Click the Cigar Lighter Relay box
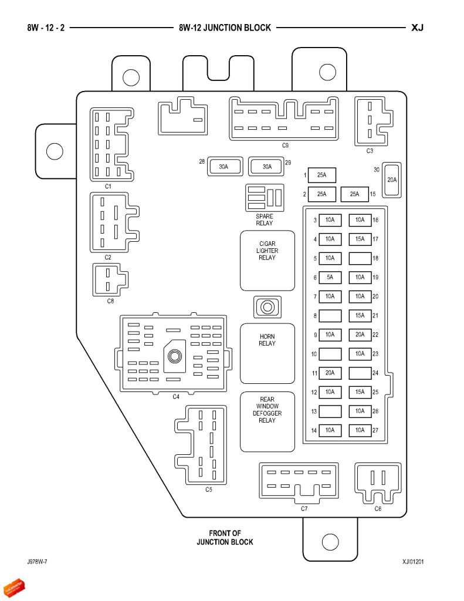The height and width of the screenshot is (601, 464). [267, 261]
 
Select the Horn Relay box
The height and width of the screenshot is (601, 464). [267, 353]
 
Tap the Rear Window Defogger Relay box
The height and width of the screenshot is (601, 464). [267, 421]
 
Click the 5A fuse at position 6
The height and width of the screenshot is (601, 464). [330, 277]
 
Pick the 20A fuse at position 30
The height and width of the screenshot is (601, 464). [392, 180]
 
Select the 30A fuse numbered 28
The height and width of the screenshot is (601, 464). [225, 167]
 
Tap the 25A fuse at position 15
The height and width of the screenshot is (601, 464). [354, 194]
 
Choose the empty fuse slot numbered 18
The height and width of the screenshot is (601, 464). [360, 258]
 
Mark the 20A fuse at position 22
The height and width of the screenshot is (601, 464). [360, 335]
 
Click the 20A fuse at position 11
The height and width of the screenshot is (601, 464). [330, 373]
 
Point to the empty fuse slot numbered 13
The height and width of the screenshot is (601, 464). [330, 411]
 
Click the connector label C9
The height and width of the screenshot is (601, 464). [285, 146]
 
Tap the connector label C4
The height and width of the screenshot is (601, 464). [176, 397]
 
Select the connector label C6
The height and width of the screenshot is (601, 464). [378, 509]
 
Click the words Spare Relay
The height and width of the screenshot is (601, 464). [265, 220]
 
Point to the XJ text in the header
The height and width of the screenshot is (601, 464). [417, 28]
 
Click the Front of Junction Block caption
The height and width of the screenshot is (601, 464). [225, 538]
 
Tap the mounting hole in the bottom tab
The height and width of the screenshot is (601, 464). [330, 542]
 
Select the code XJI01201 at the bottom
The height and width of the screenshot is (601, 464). [413, 562]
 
